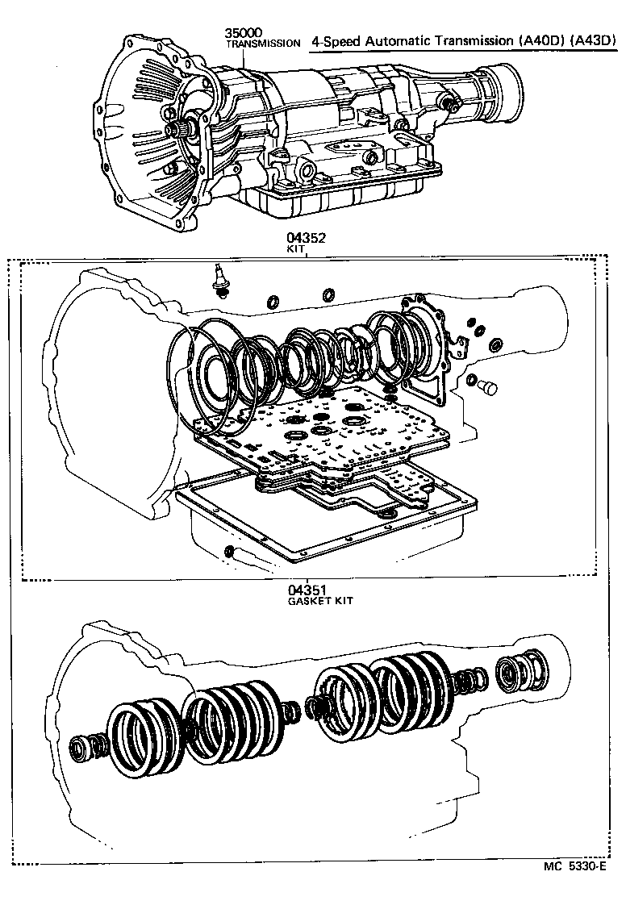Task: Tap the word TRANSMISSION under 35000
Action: coord(262,44)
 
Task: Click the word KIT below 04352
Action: coord(296,250)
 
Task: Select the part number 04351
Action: coord(307,590)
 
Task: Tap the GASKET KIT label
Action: coord(320,601)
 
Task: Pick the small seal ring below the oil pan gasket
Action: coord(228,551)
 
